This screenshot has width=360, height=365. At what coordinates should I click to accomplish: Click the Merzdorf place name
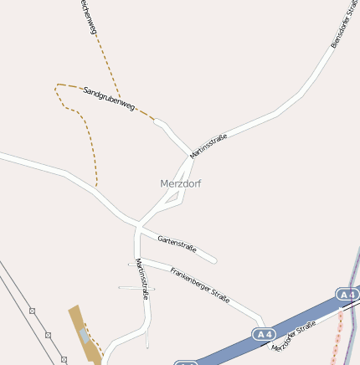point(180,183)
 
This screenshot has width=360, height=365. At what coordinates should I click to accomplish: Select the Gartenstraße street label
point(177,244)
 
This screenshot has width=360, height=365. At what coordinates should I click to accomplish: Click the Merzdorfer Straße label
point(294,336)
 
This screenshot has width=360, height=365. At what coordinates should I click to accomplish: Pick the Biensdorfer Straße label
point(339,29)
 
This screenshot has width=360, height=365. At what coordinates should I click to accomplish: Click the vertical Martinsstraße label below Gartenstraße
point(142,279)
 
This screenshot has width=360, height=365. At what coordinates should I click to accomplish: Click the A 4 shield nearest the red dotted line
point(347,295)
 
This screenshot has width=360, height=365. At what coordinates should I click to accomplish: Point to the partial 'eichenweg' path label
point(89,17)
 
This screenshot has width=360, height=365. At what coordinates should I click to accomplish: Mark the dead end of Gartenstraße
point(214,260)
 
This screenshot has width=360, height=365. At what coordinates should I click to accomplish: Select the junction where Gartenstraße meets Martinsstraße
point(138,224)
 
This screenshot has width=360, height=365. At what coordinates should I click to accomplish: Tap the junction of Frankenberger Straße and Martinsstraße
point(137,260)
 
